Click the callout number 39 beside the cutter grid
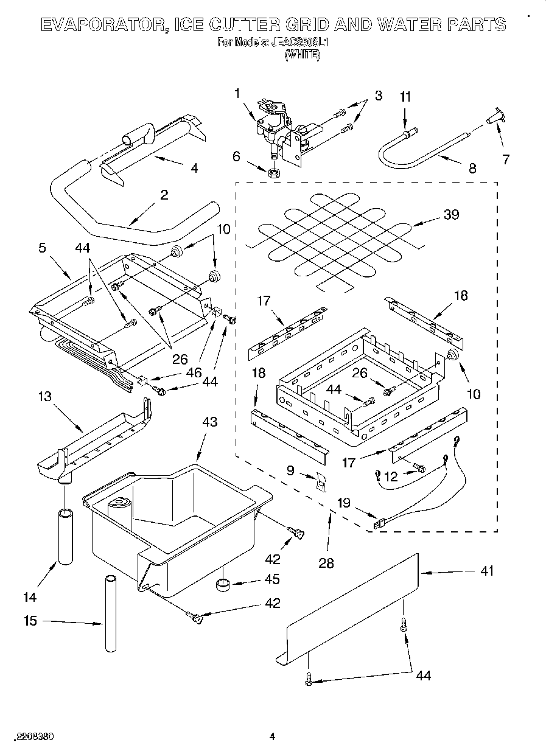(x=451, y=214)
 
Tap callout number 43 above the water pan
(x=209, y=421)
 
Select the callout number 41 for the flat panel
(x=487, y=570)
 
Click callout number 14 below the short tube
(x=30, y=597)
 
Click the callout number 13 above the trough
(x=45, y=397)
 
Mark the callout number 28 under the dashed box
(x=326, y=563)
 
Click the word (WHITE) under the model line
(x=303, y=54)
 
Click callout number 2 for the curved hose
(x=164, y=195)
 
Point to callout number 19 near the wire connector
(x=343, y=503)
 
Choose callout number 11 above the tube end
(x=405, y=97)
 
